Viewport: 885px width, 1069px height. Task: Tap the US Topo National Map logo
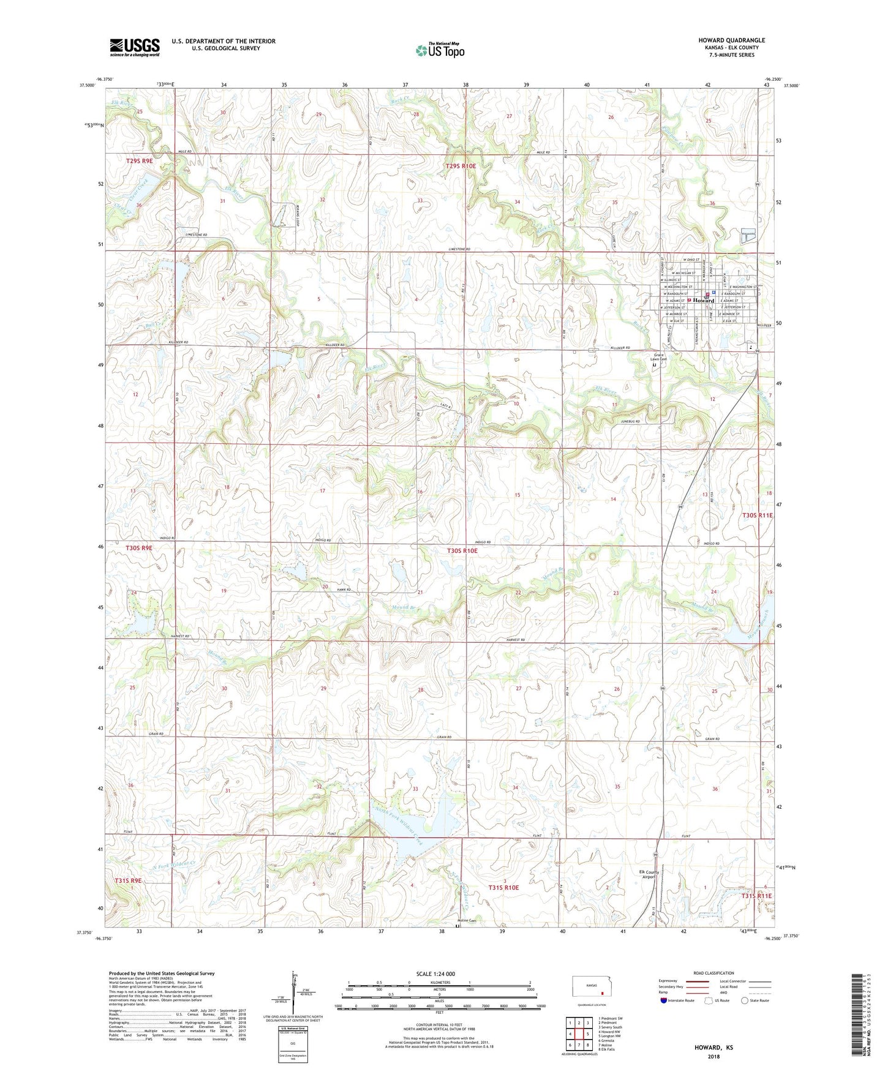click(x=440, y=50)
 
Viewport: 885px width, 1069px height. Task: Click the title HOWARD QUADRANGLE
click(x=731, y=40)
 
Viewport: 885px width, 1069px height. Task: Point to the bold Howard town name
click(x=704, y=301)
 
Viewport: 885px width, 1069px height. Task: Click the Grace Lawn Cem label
click(x=659, y=357)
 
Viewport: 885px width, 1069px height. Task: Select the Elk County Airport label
click(x=649, y=874)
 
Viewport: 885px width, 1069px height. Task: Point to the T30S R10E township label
click(x=462, y=550)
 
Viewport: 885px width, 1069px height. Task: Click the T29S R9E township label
click(x=139, y=161)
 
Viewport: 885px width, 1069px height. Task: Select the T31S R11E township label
click(x=757, y=896)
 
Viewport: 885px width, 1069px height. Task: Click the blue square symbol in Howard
click(x=714, y=293)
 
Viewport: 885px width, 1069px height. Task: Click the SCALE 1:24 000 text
click(x=435, y=973)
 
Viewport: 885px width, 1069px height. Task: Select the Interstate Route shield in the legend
click(x=664, y=1000)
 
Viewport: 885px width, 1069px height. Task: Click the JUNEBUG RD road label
click(x=630, y=421)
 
